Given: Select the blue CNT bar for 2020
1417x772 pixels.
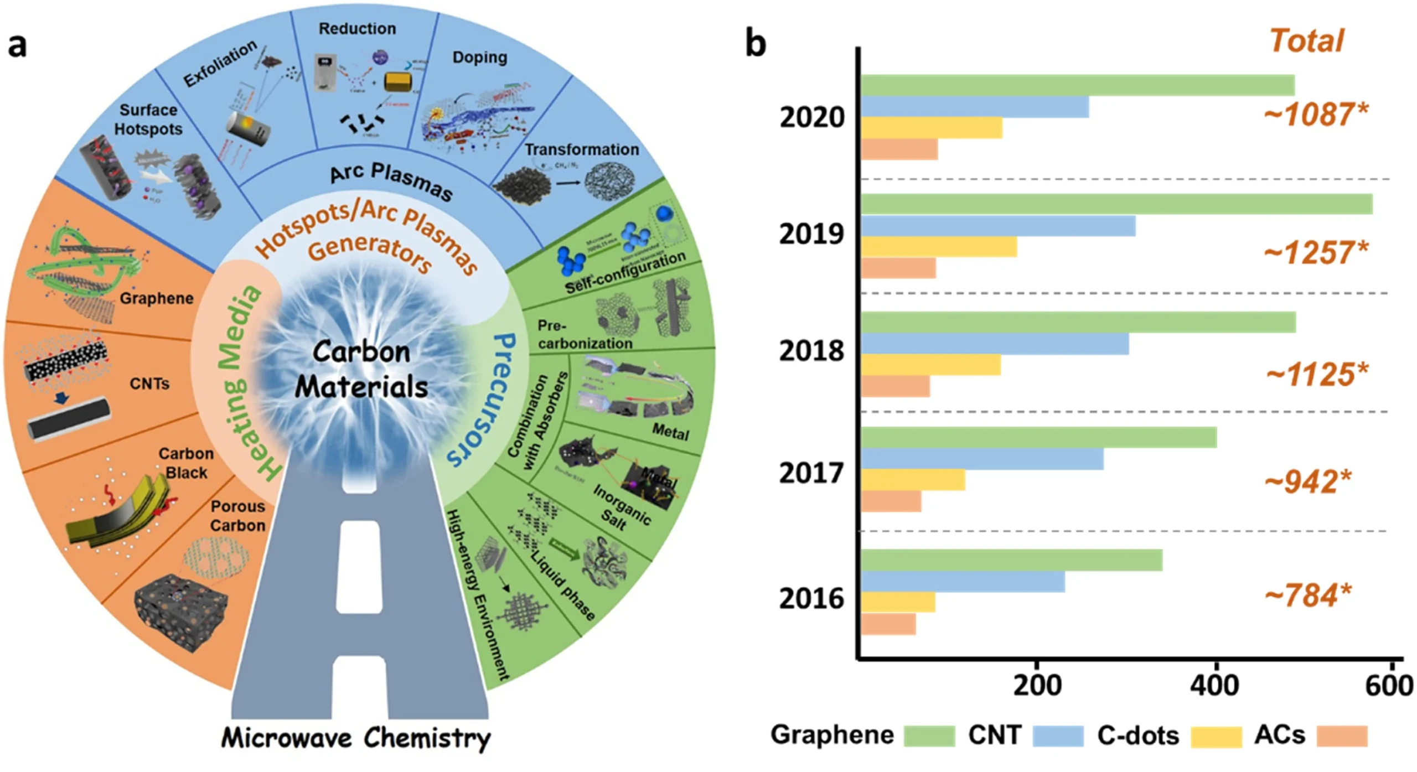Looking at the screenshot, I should [975, 107].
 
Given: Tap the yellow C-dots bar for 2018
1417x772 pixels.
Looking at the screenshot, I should [930, 365].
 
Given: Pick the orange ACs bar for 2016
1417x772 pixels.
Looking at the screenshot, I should [888, 624].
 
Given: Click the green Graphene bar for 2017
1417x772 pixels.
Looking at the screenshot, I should [1038, 437].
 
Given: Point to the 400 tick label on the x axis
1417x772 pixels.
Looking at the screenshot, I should [1216, 686].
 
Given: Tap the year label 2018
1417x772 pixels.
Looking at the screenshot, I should [811, 351].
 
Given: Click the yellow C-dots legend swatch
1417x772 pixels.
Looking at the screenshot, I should [1216, 737].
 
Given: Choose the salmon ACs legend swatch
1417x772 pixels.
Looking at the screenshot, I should [1342, 737].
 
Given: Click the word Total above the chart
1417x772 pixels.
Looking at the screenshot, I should [1306, 41].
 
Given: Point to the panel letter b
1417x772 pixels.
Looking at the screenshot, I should [756, 44].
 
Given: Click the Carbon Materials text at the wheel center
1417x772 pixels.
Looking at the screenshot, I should [361, 369].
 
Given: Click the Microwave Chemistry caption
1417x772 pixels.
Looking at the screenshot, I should [356, 738].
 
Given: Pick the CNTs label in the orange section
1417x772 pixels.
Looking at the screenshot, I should [149, 384].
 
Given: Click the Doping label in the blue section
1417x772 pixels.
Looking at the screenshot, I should [479, 57].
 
